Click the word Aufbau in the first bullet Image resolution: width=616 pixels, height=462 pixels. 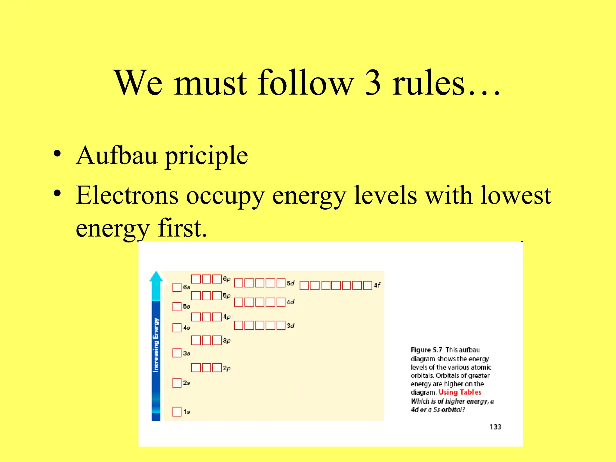click(117, 156)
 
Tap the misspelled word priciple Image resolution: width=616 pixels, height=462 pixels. click(207, 157)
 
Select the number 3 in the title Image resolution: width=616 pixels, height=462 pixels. click(373, 83)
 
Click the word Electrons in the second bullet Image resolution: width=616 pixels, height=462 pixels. click(127, 196)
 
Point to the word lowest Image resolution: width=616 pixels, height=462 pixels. click(516, 196)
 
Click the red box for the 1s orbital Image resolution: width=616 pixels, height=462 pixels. click(177, 411)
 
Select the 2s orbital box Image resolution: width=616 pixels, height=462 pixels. click(177, 383)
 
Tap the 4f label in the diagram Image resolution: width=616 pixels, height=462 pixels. click(377, 285)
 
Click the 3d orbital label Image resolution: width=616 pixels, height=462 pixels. click(291, 326)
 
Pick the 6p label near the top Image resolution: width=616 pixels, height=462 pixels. click(226, 279)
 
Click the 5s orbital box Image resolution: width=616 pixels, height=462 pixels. click(177, 306)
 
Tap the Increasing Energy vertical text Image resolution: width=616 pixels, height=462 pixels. click(156, 345)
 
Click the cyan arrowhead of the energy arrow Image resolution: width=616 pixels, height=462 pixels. click(156, 277)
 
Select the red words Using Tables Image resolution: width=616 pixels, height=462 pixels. click(460, 392)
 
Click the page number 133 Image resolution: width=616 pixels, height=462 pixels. click(495, 427)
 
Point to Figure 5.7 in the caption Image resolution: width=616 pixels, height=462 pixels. click(426, 350)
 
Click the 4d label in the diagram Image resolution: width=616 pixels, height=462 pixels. click(291, 302)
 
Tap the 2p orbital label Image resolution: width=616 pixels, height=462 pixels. click(226, 368)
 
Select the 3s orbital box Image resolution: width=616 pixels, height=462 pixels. click(177, 353)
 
